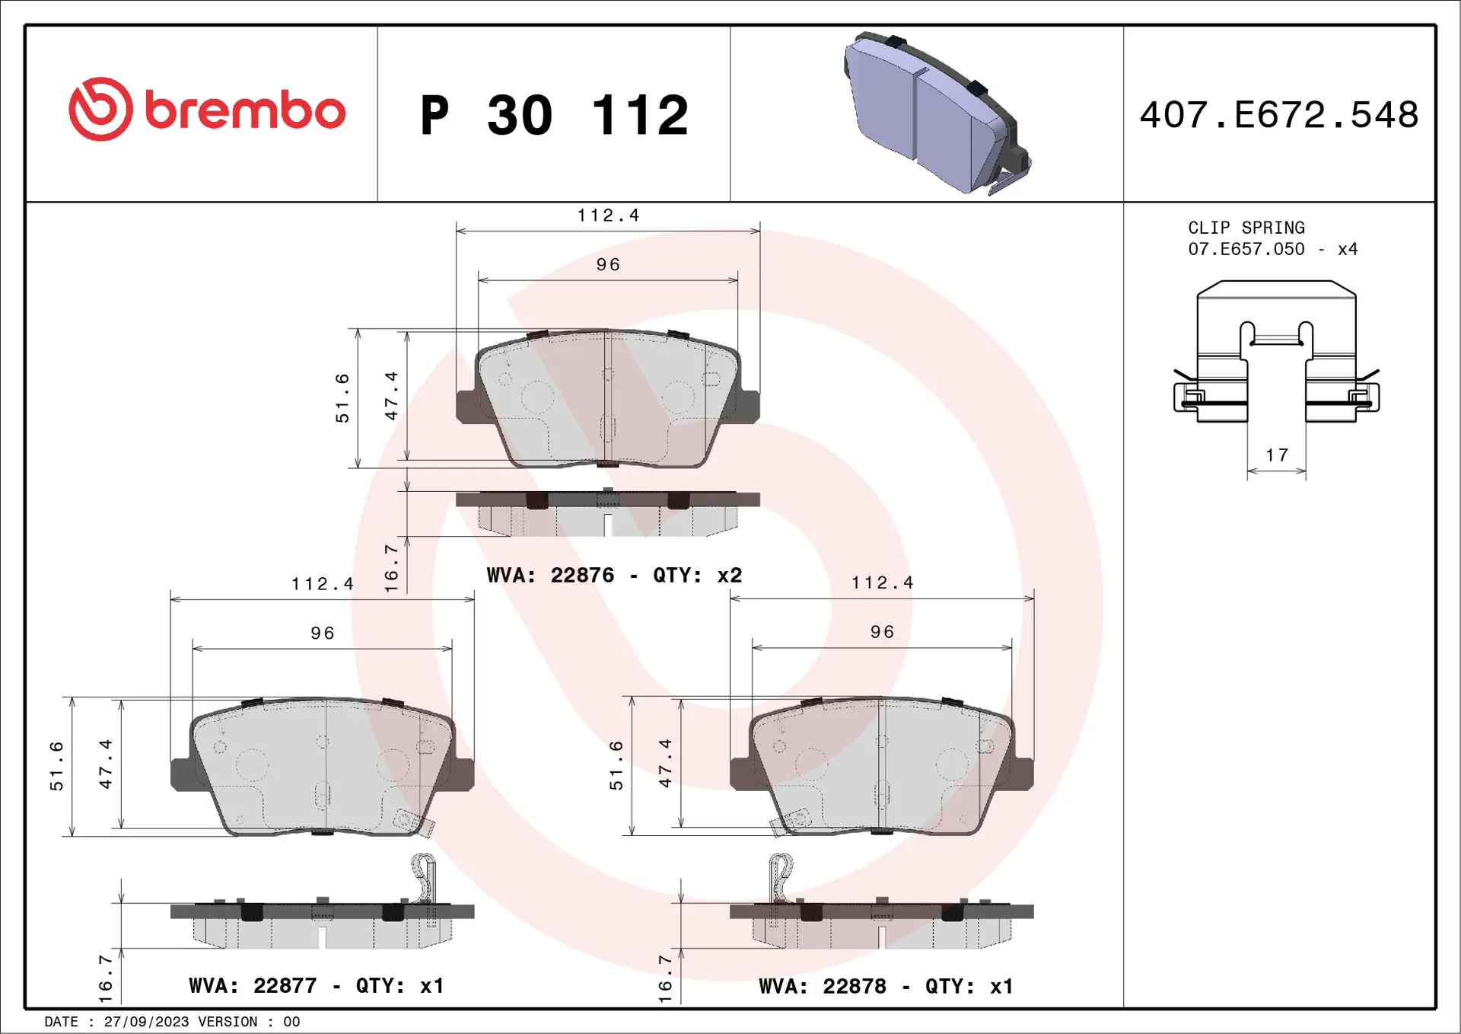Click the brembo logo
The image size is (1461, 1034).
click(x=207, y=109)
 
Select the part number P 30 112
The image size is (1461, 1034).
click(x=554, y=115)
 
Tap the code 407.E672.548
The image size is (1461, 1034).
click(x=1279, y=115)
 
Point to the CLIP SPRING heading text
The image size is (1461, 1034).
click(x=1246, y=228)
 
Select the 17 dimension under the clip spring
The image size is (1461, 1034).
click(x=1277, y=455)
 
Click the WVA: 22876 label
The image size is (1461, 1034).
click(x=550, y=575)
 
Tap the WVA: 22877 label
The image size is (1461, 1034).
click(x=253, y=985)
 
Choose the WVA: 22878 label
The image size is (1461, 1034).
click(x=823, y=986)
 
